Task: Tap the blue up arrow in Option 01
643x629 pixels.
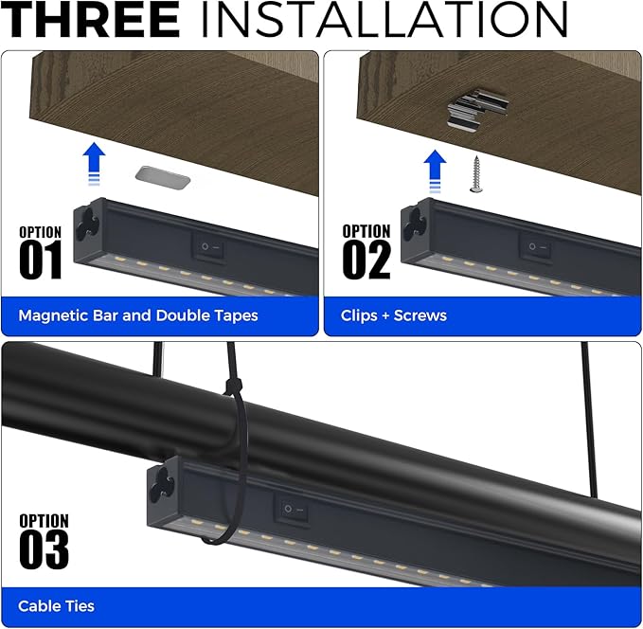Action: (x=94, y=164)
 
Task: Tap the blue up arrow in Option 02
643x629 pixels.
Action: (x=435, y=171)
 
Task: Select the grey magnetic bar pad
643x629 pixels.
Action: (x=163, y=178)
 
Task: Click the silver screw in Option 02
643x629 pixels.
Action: (x=476, y=174)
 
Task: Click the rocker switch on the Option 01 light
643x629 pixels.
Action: (x=209, y=247)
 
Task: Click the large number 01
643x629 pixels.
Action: (x=41, y=260)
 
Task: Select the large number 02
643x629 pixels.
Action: (x=366, y=260)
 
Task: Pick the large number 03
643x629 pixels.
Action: (x=44, y=549)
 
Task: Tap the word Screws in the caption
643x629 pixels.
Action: (x=420, y=315)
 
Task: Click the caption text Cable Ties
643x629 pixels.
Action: (x=56, y=606)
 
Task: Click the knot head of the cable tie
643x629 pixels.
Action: (x=234, y=386)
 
